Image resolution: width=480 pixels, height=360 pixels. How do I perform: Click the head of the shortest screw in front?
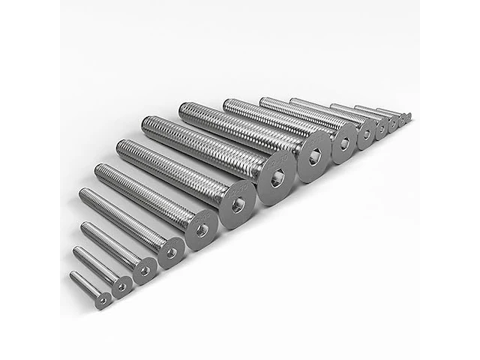[x=103, y=299]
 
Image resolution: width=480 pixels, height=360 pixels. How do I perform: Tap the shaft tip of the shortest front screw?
[x=73, y=275]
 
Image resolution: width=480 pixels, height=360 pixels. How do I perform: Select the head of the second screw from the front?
[x=121, y=284]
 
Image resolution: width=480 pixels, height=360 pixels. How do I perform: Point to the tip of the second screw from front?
[x=76, y=250]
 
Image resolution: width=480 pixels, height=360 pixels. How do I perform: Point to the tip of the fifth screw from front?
[x=98, y=169]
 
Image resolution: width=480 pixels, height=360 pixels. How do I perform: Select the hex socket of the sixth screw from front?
[x=238, y=204]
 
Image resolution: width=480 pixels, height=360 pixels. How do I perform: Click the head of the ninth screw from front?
[x=344, y=142]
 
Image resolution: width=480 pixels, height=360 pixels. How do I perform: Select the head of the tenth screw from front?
[x=366, y=133]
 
